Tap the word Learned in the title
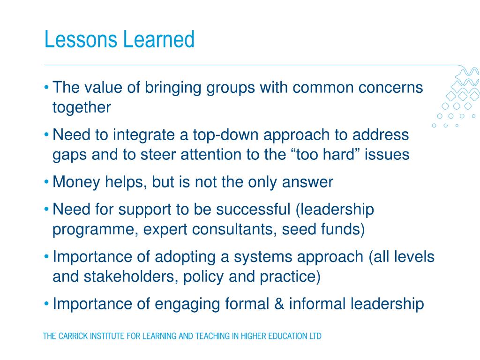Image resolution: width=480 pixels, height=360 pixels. point(159,39)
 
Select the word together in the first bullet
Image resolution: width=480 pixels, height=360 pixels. point(82,108)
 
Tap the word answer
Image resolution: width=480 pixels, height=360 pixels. point(307,182)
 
